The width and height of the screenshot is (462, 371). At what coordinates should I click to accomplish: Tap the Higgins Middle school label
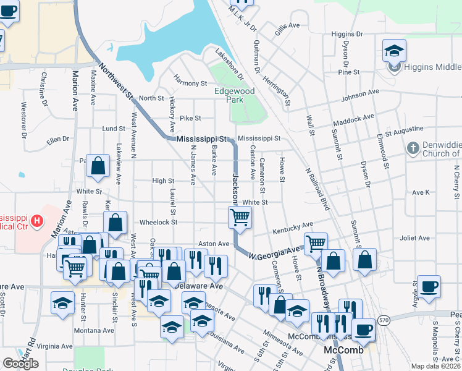432,67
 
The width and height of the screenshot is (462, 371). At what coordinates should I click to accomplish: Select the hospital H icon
38,220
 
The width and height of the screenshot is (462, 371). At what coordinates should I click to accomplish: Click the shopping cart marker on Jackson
239,217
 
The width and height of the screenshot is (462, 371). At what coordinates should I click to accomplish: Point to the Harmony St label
190,83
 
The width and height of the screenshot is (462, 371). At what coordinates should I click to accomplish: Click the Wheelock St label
159,222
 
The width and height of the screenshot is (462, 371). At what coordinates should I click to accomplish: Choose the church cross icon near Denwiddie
414,148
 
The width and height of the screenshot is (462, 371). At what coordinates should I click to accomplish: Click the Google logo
21,363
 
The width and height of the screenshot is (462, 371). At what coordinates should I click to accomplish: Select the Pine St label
349,72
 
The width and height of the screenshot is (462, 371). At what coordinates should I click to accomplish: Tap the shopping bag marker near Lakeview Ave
98,165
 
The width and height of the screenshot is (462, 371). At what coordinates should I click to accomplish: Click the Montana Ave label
94,331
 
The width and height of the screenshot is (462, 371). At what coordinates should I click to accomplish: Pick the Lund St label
114,129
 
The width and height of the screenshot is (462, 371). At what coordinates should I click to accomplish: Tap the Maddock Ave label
357,117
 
